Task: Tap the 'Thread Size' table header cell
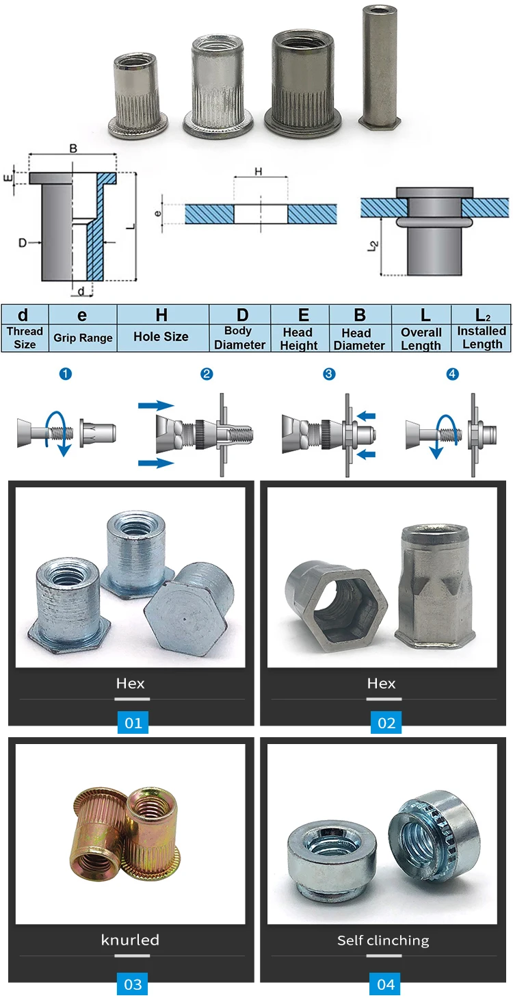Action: pos(24,329)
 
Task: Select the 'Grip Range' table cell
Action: pos(82,329)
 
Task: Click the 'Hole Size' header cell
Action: pos(161,329)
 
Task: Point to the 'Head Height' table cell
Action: pos(300,329)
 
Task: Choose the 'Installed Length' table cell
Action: pos(482,329)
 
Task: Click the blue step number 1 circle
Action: pos(66,374)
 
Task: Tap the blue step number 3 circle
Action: pos(329,374)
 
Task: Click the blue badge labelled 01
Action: pos(133,723)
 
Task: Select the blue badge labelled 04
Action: pos(386,984)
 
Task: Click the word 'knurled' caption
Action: pos(130,940)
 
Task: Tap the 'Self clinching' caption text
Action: pos(383,941)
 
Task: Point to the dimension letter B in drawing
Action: pos(73,148)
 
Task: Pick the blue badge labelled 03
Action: pos(133,984)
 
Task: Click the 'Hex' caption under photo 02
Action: pos(382,683)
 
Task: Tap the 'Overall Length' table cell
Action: pos(421,329)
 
